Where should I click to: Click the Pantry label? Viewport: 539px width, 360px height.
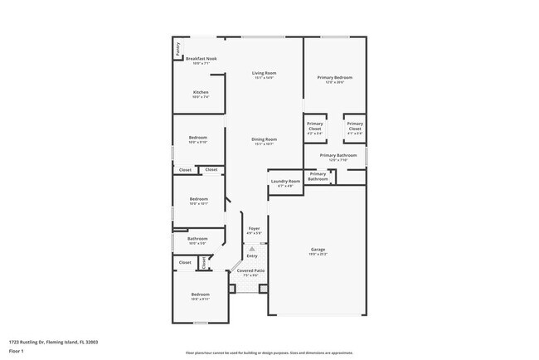[x=177, y=50]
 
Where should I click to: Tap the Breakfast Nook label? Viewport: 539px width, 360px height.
[x=201, y=59]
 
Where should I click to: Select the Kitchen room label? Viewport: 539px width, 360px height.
[x=201, y=92]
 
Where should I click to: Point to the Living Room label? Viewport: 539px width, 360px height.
[x=264, y=74]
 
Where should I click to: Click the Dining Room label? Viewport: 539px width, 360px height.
[x=265, y=139]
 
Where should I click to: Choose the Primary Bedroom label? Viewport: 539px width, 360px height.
[x=334, y=78]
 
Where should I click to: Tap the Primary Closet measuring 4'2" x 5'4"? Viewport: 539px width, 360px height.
[x=315, y=127]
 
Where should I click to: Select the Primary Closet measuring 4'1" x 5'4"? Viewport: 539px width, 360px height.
[x=354, y=127]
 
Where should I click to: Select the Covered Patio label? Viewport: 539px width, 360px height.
[x=250, y=270]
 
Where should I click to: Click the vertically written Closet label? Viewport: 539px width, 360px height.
[x=203, y=262]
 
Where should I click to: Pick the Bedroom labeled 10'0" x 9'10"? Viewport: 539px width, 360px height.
[x=198, y=139]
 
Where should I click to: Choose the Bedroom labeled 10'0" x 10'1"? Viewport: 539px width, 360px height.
[x=198, y=199]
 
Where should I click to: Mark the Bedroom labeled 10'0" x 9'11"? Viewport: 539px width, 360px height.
[x=200, y=294]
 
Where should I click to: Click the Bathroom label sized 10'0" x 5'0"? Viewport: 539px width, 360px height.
[x=197, y=239]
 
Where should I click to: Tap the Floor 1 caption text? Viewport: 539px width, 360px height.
[x=17, y=351]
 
